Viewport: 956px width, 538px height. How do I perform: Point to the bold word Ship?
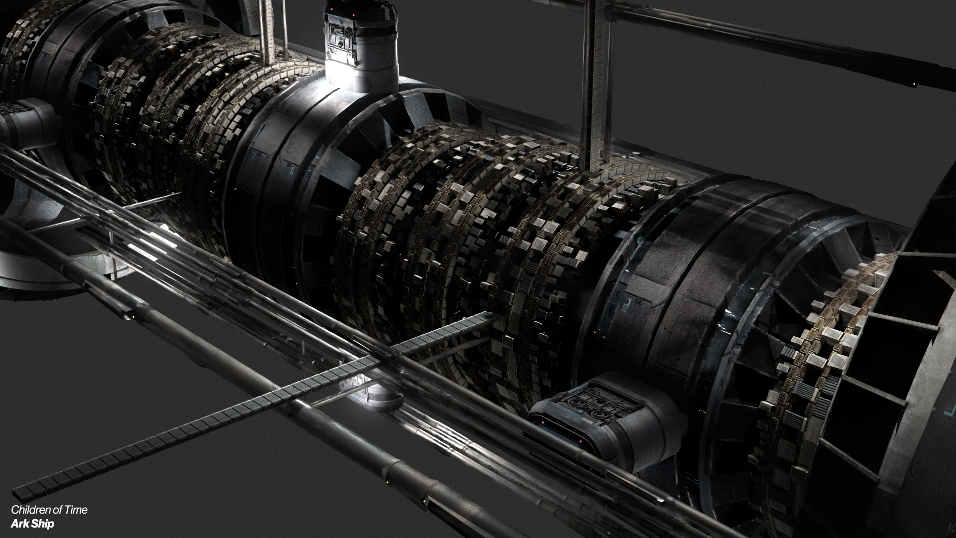[43, 524]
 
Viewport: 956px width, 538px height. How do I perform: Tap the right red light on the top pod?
[354, 15]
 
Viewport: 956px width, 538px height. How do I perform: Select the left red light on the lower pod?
[543, 423]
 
